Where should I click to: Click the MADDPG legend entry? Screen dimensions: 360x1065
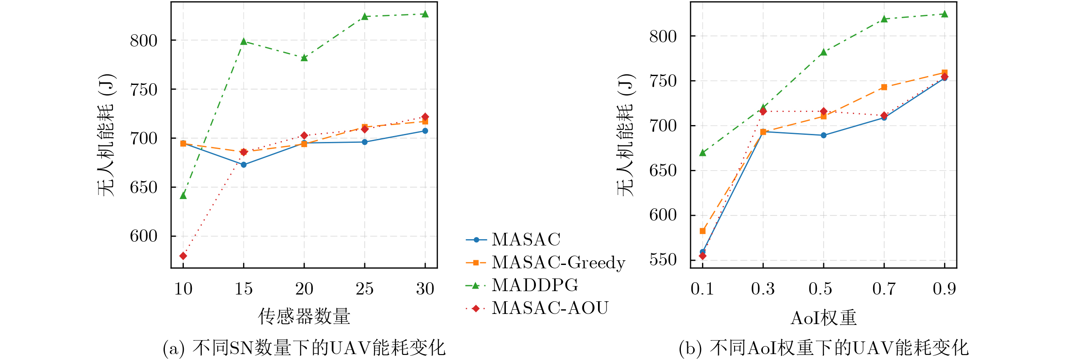pyautogui.click(x=535, y=286)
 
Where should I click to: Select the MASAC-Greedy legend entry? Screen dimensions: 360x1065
pyautogui.click(x=558, y=263)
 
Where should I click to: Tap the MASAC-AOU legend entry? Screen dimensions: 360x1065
pyautogui.click(x=549, y=308)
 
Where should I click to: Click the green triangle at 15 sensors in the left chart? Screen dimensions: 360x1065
pyautogui.click(x=243, y=41)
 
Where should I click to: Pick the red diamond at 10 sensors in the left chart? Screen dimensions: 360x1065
pyautogui.click(x=183, y=256)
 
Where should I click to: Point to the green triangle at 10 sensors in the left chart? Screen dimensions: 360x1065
pyautogui.click(x=183, y=196)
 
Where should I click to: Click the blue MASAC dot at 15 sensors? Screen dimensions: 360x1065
pyautogui.click(x=243, y=165)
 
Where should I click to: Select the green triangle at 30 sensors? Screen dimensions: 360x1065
pyautogui.click(x=425, y=14)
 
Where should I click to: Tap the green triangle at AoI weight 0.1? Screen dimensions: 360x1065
pyautogui.click(x=702, y=153)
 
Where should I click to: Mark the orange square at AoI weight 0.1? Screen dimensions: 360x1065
pyautogui.click(x=702, y=231)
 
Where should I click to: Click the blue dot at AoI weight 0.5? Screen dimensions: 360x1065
pyautogui.click(x=823, y=136)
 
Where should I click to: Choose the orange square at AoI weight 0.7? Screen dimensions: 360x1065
pyautogui.click(x=884, y=87)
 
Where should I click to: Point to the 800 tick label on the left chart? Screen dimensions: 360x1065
pyautogui.click(x=144, y=41)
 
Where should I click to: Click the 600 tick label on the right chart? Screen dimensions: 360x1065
pyautogui.click(x=663, y=215)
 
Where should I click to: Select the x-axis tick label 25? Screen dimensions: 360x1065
pyautogui.click(x=364, y=289)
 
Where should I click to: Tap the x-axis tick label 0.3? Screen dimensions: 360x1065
pyautogui.click(x=762, y=289)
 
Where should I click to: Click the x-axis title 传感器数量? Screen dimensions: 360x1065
pyautogui.click(x=304, y=316)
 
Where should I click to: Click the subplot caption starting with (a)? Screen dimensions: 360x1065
pyautogui.click(x=304, y=348)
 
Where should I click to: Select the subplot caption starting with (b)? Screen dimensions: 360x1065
pyautogui.click(x=823, y=348)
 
